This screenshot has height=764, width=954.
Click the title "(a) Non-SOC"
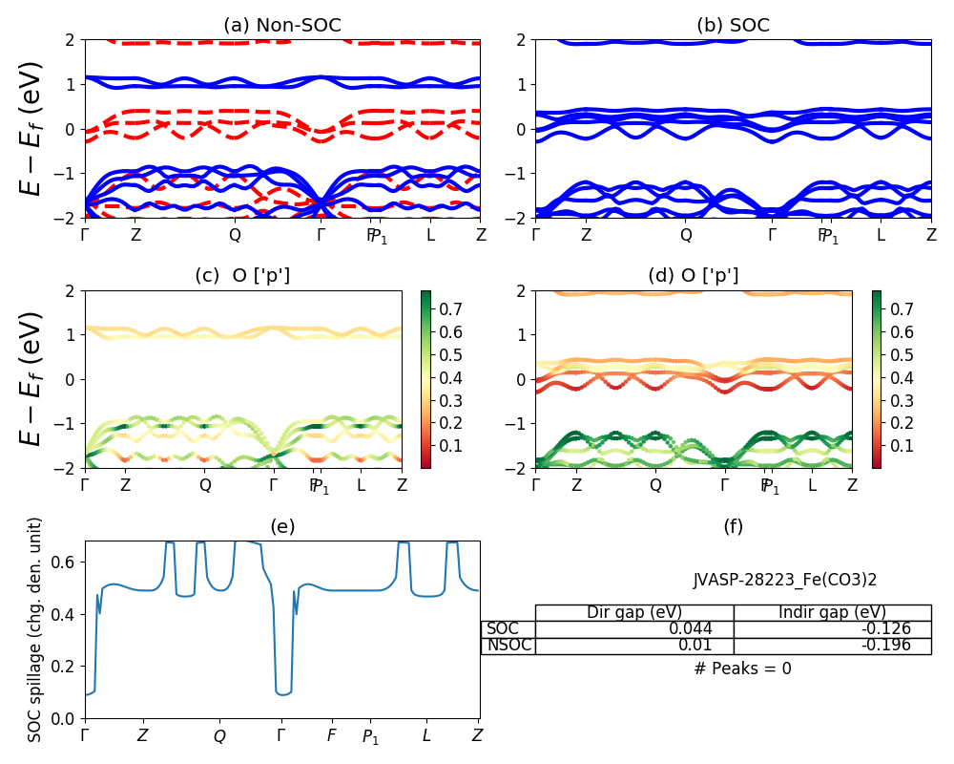(281, 26)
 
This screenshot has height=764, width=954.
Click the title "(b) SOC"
(733, 26)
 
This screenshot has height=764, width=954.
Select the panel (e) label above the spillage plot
(281, 526)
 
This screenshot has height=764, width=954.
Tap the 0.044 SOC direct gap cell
(634, 629)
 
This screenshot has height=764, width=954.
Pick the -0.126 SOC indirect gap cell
(832, 629)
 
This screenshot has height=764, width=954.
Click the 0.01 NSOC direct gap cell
(634, 646)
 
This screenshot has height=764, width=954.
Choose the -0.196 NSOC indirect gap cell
(832, 646)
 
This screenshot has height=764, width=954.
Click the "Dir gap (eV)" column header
(634, 612)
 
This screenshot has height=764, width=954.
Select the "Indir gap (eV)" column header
(832, 612)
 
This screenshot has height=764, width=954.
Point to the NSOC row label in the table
(508, 646)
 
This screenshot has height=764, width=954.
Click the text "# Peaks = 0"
(742, 668)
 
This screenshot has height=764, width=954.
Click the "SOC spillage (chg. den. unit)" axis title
(35, 629)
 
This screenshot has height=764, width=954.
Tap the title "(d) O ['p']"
(694, 276)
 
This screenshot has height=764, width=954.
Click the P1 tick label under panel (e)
(370, 737)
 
